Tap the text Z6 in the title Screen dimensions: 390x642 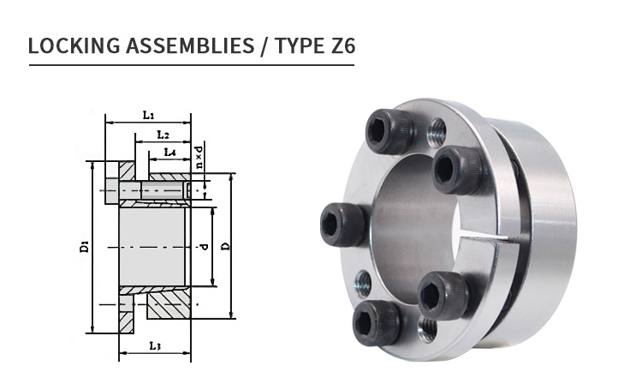(338, 45)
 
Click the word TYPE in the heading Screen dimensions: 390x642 (296, 45)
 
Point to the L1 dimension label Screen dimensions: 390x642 (148, 115)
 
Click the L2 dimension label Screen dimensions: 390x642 (163, 135)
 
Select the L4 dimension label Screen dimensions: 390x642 (169, 153)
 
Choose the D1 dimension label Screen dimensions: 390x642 (84, 247)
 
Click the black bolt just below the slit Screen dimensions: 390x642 (443, 294)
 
